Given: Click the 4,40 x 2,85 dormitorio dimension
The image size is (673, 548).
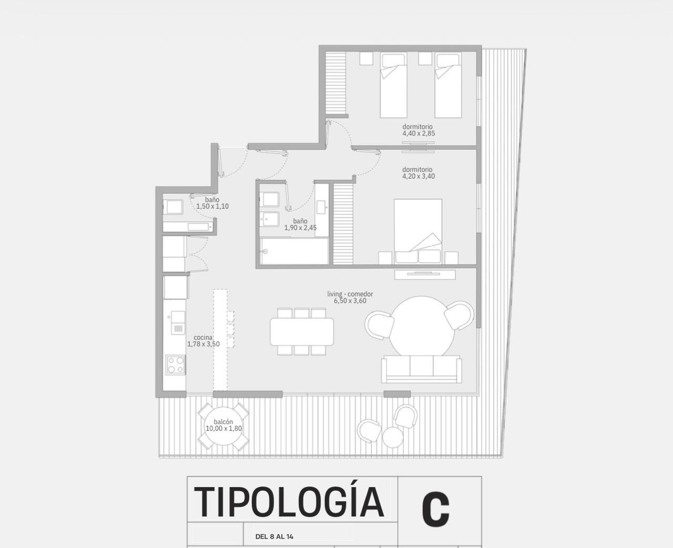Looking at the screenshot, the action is pyautogui.click(x=419, y=133).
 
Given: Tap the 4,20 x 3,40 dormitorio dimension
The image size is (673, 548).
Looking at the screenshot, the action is pyautogui.click(x=419, y=177).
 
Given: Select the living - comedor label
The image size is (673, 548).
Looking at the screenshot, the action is pyautogui.click(x=350, y=294).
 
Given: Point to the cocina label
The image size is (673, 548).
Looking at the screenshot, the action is pyautogui.click(x=203, y=338).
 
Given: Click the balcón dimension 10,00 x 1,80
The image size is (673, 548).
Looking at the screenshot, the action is pyautogui.click(x=223, y=429).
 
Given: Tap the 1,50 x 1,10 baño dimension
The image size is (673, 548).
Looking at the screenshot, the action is pyautogui.click(x=212, y=206).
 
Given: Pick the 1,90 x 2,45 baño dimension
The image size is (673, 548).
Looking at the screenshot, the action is pyautogui.click(x=300, y=228).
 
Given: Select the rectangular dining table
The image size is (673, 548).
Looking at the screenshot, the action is pyautogui.click(x=302, y=332).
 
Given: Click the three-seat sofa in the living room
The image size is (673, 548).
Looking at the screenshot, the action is pyautogui.click(x=422, y=369).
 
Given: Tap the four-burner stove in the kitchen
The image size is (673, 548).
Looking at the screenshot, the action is pyautogui.click(x=176, y=365).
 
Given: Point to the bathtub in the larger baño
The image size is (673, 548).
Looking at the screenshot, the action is pyautogui.click(x=294, y=251).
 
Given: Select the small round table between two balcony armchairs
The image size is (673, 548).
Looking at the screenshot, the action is pyautogui.click(x=393, y=437).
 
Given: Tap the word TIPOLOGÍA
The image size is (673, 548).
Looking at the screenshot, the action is pyautogui.click(x=289, y=502).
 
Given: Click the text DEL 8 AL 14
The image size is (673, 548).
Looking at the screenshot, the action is pyautogui.click(x=274, y=536).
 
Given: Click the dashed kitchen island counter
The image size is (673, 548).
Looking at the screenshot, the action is pyautogui.click(x=220, y=339).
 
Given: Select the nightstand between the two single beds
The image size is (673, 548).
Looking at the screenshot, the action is pyautogui.click(x=425, y=58).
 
